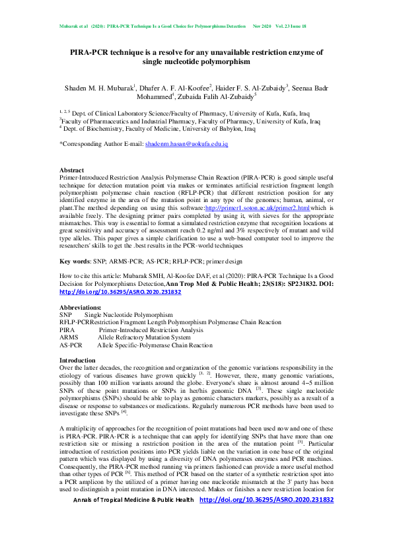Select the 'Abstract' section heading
(71, 170)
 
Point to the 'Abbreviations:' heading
(81, 308)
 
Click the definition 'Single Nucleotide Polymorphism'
(128, 315)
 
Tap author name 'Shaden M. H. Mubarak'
(100, 88)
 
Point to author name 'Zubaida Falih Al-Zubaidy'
(216, 96)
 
